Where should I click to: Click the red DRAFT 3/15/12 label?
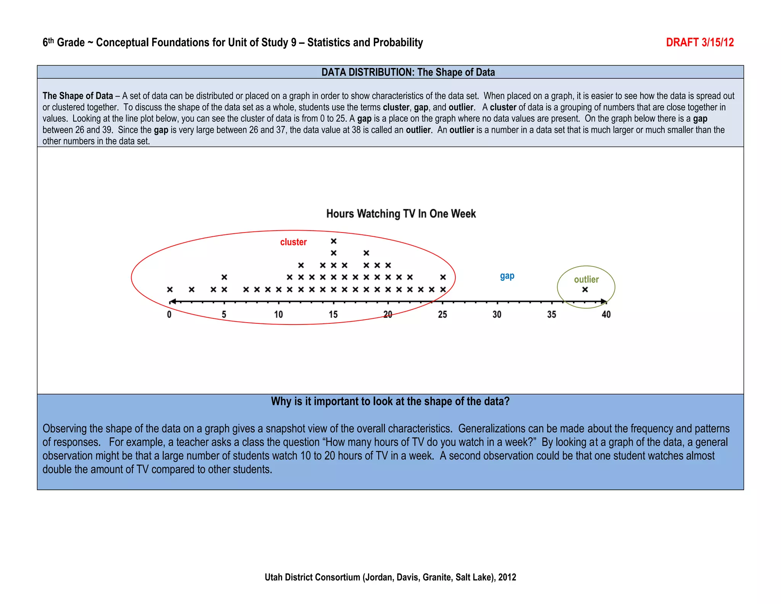(x=699, y=42)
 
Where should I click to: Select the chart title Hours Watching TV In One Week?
(x=401, y=214)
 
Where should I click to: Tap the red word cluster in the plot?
(x=293, y=242)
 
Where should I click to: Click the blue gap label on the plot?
(x=507, y=276)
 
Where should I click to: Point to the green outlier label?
(x=586, y=279)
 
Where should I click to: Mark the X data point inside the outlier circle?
(x=585, y=290)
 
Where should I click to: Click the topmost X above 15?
(x=334, y=241)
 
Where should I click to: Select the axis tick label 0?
(x=169, y=315)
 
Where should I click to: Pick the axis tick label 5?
(x=224, y=315)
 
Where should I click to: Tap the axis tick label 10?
(x=278, y=315)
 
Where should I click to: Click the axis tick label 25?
(x=442, y=315)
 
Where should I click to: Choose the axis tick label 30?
(x=497, y=315)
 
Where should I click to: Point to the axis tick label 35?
(x=551, y=315)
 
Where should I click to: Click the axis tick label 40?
(x=606, y=315)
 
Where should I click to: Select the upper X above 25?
(x=443, y=277)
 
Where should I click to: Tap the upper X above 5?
(x=224, y=277)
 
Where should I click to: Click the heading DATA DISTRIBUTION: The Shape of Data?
(x=408, y=72)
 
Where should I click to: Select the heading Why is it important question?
(x=390, y=402)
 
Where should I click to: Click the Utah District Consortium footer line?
(x=390, y=577)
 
